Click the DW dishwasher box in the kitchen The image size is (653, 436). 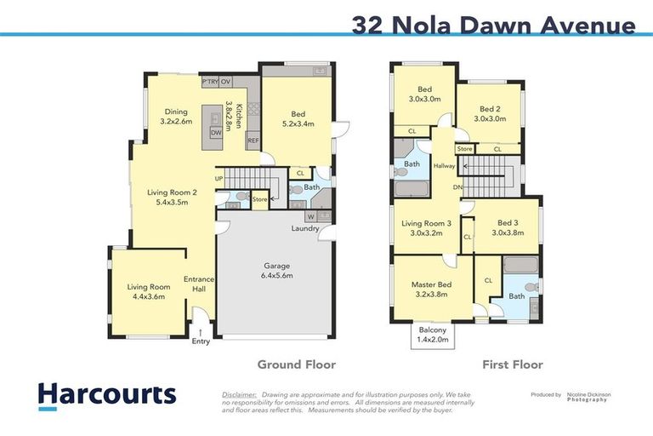[216, 133]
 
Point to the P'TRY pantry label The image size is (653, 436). [209, 82]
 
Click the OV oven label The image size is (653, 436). [225, 82]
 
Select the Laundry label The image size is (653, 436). [304, 228]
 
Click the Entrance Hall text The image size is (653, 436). [200, 284]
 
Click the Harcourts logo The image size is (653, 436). [107, 394]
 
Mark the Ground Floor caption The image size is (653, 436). [296, 364]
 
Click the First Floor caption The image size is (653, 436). [512, 364]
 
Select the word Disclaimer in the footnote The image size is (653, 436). [239, 395]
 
